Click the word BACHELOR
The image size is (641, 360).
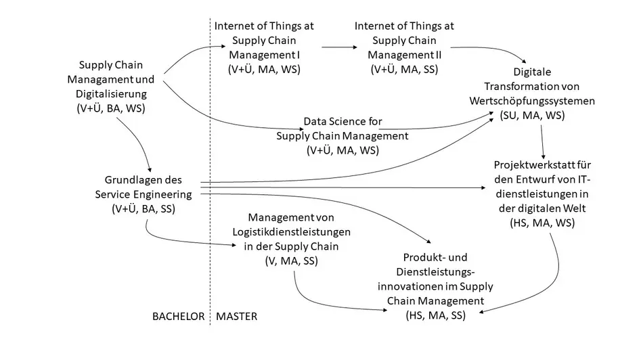pyautogui.click(x=178, y=316)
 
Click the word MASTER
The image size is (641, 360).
pyautogui.click(x=237, y=316)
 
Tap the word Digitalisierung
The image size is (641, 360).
pyautogui.click(x=111, y=94)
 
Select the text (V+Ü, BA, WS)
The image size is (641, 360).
pyautogui.click(x=111, y=108)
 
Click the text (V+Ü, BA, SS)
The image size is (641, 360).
pyautogui.click(x=143, y=209)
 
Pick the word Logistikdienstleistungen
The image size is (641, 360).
pyautogui.click(x=292, y=232)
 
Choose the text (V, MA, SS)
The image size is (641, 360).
pyautogui.click(x=292, y=261)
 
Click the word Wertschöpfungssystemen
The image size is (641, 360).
pyautogui.click(x=532, y=101)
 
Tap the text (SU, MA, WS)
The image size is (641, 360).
pyautogui.click(x=532, y=115)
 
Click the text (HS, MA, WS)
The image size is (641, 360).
pyautogui.click(x=542, y=223)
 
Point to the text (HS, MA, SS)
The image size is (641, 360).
pyautogui.click(x=435, y=315)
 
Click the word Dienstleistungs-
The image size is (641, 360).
pyautogui.click(x=435, y=272)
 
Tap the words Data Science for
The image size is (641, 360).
pyautogui.click(x=342, y=121)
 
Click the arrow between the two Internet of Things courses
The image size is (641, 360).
pyautogui.click(x=339, y=47)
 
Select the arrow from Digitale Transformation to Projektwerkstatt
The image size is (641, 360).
pyautogui.click(x=542, y=142)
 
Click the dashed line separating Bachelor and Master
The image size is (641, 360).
pyautogui.click(x=210, y=172)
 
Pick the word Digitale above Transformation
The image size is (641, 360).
pyautogui.click(x=532, y=72)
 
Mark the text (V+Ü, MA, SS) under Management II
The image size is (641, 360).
pyautogui.click(x=404, y=70)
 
